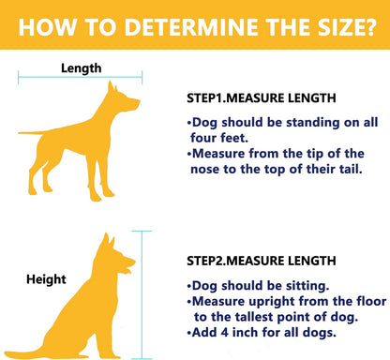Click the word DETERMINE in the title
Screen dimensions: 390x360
pyautogui.click(x=191, y=27)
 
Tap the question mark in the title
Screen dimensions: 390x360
pyautogui.click(x=370, y=27)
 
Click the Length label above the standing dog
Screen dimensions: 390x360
pyautogui.click(x=82, y=68)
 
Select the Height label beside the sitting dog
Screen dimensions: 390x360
pyautogui.click(x=46, y=279)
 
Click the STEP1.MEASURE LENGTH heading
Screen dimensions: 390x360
pyautogui.click(x=262, y=98)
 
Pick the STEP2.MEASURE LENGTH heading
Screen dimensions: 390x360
pyautogui.click(x=262, y=261)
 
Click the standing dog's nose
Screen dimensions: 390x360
pyautogui.click(x=138, y=102)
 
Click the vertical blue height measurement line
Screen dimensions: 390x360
pyautogui.click(x=142, y=295)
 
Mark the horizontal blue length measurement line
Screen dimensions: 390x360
pyautogui.click(x=81, y=77)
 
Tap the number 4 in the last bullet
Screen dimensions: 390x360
pyautogui.click(x=225, y=332)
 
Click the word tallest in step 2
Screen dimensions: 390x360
pyautogui.click(x=254, y=317)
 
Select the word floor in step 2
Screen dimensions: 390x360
pyautogui.click(x=370, y=301)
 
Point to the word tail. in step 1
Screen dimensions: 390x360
pyautogui.click(x=351, y=169)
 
